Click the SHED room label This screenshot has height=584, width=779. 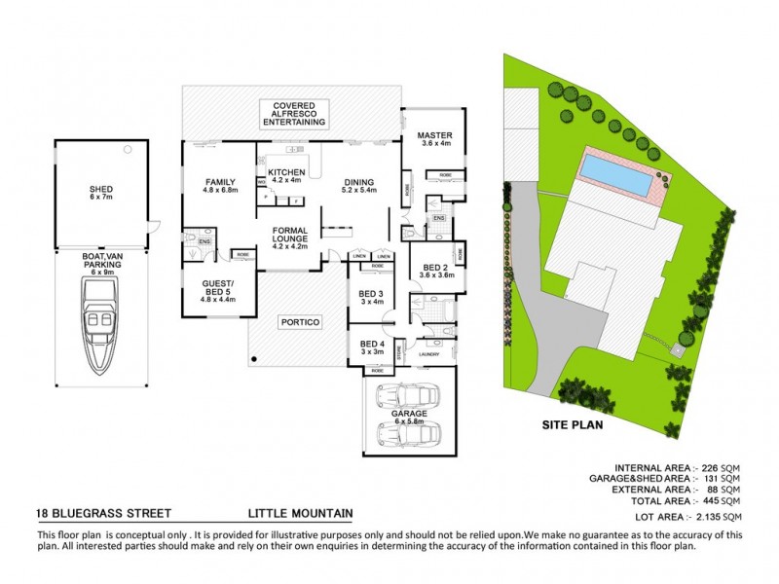point(101,191)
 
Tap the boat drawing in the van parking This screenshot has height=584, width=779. point(101,326)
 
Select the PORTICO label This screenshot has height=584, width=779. point(300,322)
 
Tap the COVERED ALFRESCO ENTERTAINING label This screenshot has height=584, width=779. point(299,113)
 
